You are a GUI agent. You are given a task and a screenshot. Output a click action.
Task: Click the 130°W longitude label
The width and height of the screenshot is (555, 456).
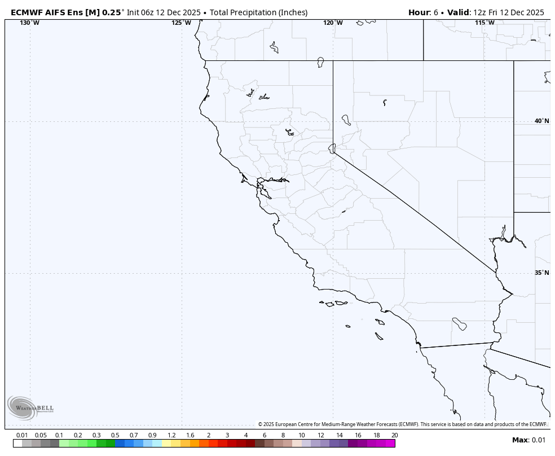[x=29, y=23]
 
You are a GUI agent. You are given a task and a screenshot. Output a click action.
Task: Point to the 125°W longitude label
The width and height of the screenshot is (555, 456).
[x=181, y=23]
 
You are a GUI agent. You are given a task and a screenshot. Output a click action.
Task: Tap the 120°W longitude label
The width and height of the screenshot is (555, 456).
[x=333, y=23]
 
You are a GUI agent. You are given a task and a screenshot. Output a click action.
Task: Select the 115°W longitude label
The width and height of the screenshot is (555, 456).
[x=484, y=23]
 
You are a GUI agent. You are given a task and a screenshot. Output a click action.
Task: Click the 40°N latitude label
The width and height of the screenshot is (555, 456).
[x=541, y=121]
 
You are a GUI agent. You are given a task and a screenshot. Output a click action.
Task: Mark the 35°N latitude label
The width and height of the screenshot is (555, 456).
[x=541, y=273]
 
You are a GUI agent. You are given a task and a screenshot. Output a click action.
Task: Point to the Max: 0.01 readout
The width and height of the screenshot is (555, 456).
[x=528, y=440]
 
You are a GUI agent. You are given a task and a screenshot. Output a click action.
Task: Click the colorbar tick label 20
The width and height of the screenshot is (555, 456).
[x=394, y=435]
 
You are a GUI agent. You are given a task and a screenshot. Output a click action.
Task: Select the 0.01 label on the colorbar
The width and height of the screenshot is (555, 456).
[x=22, y=435]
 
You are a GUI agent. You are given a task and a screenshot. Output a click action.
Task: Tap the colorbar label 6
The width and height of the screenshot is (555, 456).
[x=264, y=435]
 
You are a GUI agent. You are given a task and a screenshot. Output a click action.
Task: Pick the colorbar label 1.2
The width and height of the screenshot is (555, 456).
[x=171, y=435]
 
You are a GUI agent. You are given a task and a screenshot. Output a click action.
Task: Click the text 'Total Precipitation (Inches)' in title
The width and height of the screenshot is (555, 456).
[x=258, y=12]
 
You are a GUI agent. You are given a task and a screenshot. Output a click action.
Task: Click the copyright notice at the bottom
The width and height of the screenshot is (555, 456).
[x=402, y=424]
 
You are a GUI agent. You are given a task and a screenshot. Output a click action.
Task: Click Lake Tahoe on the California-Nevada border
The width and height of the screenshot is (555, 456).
[x=332, y=148]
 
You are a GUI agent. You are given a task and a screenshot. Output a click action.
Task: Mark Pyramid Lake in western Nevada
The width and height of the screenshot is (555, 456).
[x=346, y=120]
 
